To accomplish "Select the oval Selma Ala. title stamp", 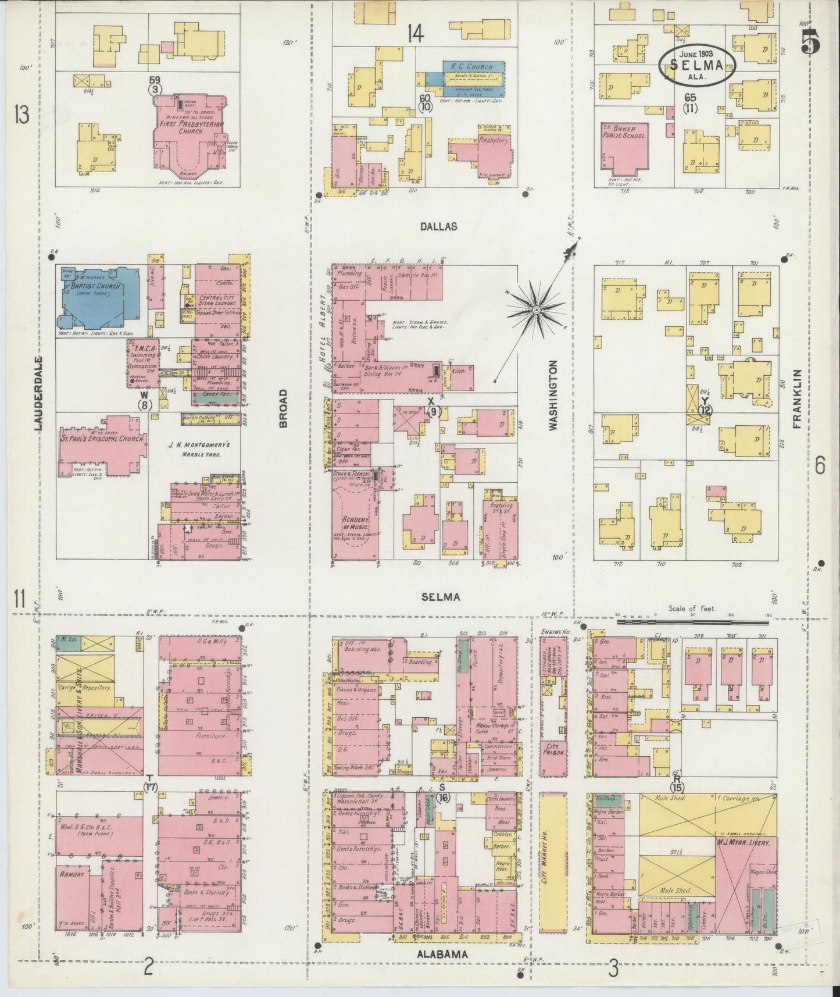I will click(x=696, y=66).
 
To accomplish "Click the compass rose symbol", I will click(x=536, y=311).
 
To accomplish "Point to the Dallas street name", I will click(x=439, y=227).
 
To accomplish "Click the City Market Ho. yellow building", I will click(x=553, y=867).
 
